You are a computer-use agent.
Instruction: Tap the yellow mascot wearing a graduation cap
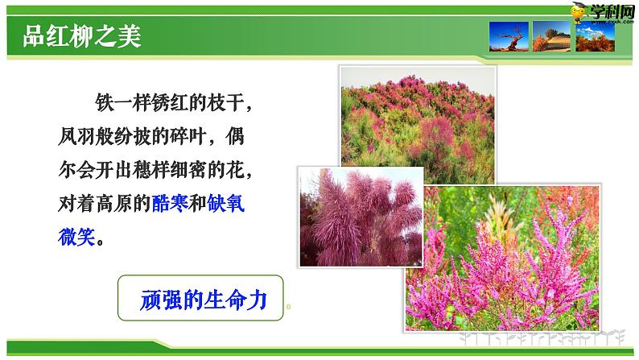pyautogui.click(x=577, y=10)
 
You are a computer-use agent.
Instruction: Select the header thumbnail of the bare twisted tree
pyautogui.click(x=509, y=37)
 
